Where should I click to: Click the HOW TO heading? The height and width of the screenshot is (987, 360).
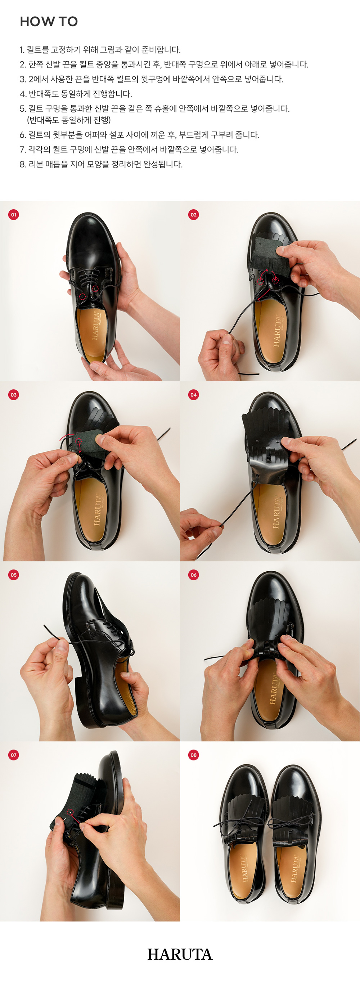click(49, 22)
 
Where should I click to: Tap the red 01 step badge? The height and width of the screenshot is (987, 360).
click(13, 215)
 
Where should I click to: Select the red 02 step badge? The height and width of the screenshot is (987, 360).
click(193, 215)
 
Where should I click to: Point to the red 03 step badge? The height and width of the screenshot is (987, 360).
click(13, 395)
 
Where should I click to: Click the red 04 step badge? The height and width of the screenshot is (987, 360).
click(193, 395)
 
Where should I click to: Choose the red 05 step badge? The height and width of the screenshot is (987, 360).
click(13, 575)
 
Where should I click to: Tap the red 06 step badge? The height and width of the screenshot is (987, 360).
click(193, 575)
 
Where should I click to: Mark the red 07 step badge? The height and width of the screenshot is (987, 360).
click(13, 755)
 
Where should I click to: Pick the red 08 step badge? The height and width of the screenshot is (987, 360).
click(193, 755)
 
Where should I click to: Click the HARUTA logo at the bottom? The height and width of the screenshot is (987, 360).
click(180, 955)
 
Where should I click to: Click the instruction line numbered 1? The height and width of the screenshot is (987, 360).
click(100, 50)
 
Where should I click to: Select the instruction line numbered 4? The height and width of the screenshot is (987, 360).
click(76, 94)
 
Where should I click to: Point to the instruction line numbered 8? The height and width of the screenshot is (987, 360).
click(101, 164)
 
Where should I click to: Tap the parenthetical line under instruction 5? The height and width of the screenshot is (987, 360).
click(69, 120)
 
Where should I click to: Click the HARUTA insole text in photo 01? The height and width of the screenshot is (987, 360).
click(96, 326)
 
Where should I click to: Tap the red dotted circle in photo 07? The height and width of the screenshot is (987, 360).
click(70, 812)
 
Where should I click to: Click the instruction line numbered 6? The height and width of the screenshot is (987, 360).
click(139, 135)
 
